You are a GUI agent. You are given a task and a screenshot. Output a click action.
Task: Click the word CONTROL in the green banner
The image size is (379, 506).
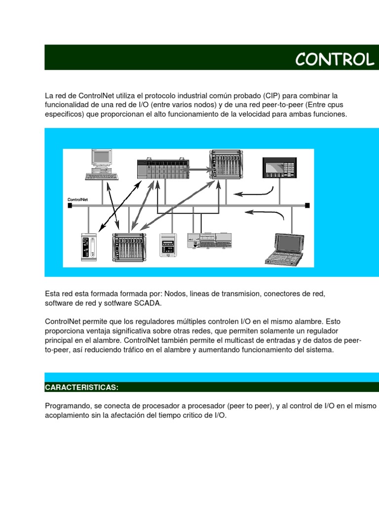click(x=335, y=59)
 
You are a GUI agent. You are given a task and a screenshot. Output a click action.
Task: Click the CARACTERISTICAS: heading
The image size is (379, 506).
click(x=81, y=387)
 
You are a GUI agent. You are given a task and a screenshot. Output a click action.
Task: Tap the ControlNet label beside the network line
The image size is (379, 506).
click(x=77, y=200)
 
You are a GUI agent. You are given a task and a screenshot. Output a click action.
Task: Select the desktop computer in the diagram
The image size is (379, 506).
click(x=102, y=165)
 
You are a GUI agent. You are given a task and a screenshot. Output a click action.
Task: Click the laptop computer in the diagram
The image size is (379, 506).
click(x=285, y=249)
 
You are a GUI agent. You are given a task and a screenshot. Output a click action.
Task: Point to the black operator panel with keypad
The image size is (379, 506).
click(x=279, y=168)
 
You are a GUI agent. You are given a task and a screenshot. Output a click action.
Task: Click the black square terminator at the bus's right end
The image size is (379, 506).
click(x=307, y=205)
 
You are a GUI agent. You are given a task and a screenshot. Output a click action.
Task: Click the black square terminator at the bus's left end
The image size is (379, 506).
click(x=70, y=205)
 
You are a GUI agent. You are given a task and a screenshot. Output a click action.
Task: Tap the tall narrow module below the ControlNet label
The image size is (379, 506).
click(x=89, y=247)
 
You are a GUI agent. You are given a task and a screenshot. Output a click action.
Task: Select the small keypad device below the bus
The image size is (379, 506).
click(x=168, y=245)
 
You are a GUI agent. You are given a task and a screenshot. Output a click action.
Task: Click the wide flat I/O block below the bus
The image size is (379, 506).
click(x=209, y=241)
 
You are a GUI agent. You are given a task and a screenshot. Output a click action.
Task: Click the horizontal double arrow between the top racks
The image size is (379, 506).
click(x=198, y=169)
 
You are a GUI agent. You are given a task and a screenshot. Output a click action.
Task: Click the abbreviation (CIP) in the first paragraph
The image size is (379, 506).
click(x=271, y=96)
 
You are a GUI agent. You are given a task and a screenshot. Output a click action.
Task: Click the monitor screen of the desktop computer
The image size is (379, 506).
click(x=102, y=157)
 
